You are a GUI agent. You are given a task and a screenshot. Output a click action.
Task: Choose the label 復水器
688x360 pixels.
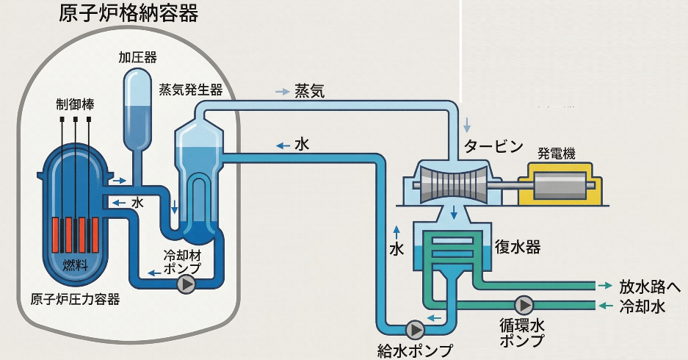pos(518,248)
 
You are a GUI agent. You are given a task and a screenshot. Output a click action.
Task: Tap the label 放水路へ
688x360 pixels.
pos(650,285)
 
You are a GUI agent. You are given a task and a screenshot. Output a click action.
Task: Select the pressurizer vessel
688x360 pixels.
pos(138,107)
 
